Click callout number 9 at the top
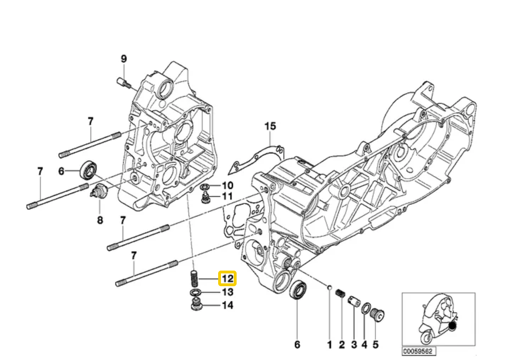pyautogui.click(x=124, y=59)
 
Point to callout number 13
pyautogui.click(x=227, y=292)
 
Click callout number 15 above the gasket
pyautogui.click(x=270, y=126)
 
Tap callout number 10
pyautogui.click(x=227, y=185)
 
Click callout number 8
pyautogui.click(x=100, y=220)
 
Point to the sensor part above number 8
pyautogui.click(x=100, y=193)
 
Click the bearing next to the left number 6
pyautogui.click(x=88, y=169)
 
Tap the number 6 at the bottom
pyautogui.click(x=297, y=344)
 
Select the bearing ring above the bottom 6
pyautogui.click(x=298, y=290)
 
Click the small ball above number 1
pyautogui.click(x=329, y=287)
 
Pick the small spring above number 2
pyautogui.click(x=339, y=294)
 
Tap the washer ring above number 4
pyautogui.click(x=365, y=308)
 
